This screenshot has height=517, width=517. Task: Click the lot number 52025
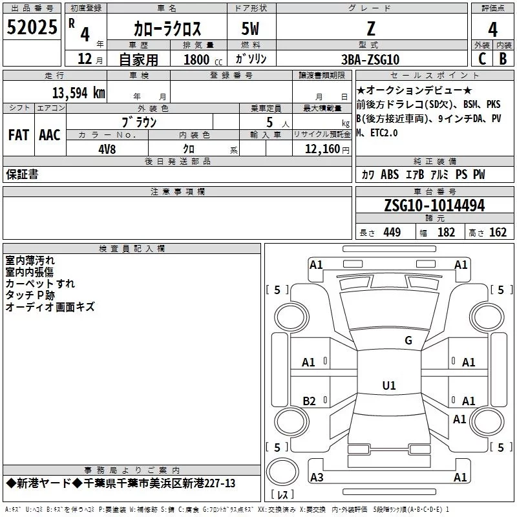tap(32, 27)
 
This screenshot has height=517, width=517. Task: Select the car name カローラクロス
tap(167, 28)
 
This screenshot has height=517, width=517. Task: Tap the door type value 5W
tap(250, 28)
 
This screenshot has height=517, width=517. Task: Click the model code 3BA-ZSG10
tap(370, 59)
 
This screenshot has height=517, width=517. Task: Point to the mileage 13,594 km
tap(79, 92)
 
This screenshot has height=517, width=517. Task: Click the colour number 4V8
tap(107, 149)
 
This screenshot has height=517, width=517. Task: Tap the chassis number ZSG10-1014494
tap(434, 206)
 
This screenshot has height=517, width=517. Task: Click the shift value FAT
tap(19, 135)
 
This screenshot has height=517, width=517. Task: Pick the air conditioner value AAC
tap(50, 135)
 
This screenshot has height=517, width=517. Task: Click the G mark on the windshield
tap(408, 341)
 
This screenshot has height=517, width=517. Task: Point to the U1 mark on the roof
tap(389, 385)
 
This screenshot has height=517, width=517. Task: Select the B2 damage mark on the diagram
tap(310, 401)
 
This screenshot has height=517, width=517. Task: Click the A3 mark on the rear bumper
tap(317, 477)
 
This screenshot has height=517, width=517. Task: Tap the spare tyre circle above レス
tap(282, 472)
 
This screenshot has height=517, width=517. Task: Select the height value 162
tap(498, 233)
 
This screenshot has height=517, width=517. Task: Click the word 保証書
tap(22, 174)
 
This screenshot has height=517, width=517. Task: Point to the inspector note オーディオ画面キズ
tap(50, 307)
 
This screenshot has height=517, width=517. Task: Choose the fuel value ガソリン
tap(251, 59)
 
